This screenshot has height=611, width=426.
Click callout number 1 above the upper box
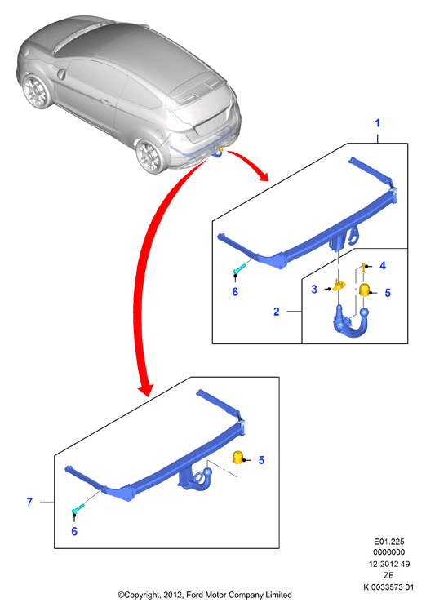coord(377,123)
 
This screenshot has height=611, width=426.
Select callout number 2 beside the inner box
coord(277,312)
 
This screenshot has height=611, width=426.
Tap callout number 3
coord(314,289)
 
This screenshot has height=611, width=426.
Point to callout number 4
coord(383,265)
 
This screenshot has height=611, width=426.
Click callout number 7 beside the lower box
coord(29,502)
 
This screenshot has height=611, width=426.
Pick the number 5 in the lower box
coord(261,460)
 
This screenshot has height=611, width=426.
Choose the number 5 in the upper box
coord(388,293)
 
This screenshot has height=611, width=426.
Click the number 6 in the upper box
coord(235,292)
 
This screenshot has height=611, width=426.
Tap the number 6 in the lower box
coord(74,532)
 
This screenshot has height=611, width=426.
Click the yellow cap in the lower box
coord(237,458)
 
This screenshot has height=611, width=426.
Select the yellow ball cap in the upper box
coord(365,290)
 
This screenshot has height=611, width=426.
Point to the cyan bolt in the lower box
coord(78,508)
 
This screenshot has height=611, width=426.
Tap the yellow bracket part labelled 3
coord(339,285)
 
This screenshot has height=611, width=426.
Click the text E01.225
coord(389,542)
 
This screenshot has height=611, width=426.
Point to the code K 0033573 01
coord(388,587)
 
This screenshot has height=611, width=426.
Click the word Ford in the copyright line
coord(195,595)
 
